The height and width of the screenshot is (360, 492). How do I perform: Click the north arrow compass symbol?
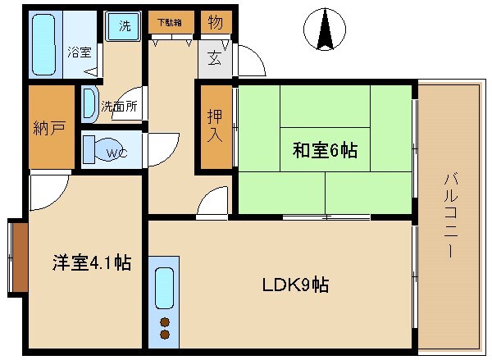[x=322, y=30]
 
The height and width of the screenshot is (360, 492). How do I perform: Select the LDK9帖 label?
[x=296, y=285]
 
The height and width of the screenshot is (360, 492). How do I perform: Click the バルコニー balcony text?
[x=450, y=216]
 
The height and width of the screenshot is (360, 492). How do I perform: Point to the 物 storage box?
[x=214, y=21]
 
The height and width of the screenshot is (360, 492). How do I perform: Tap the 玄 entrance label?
[x=213, y=58]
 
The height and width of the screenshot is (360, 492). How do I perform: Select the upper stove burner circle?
[x=165, y=321]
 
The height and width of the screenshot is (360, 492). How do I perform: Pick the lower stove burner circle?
[x=165, y=335]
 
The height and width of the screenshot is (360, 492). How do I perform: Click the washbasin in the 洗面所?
[x=89, y=103]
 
